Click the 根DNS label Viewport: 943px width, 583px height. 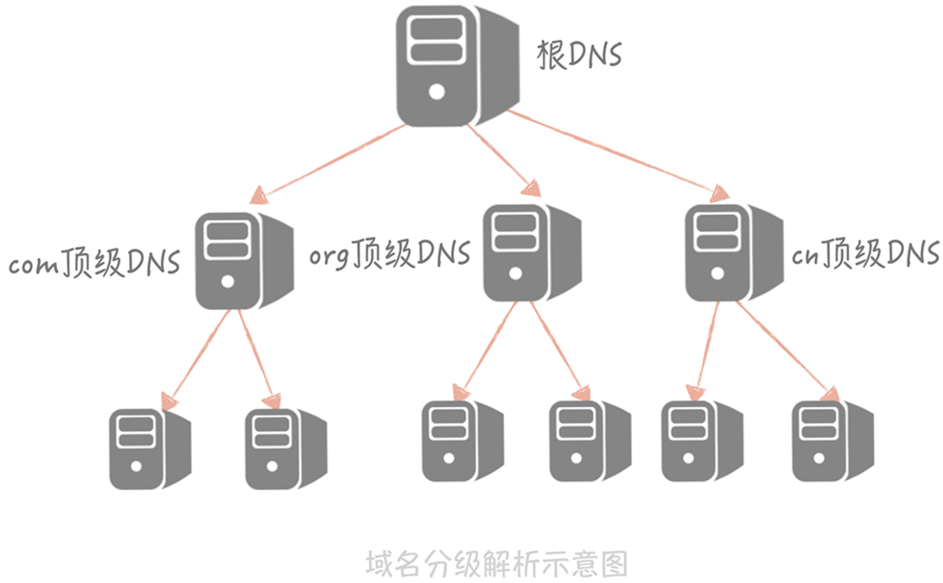click(x=579, y=55)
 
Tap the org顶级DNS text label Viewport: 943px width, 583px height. click(x=390, y=254)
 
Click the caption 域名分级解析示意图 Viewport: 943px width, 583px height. click(x=496, y=564)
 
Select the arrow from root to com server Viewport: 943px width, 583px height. click(x=333, y=161)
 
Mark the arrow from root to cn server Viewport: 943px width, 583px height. click(x=613, y=153)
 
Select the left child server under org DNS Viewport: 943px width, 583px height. click(x=461, y=442)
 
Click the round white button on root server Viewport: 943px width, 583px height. click(x=437, y=92)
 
